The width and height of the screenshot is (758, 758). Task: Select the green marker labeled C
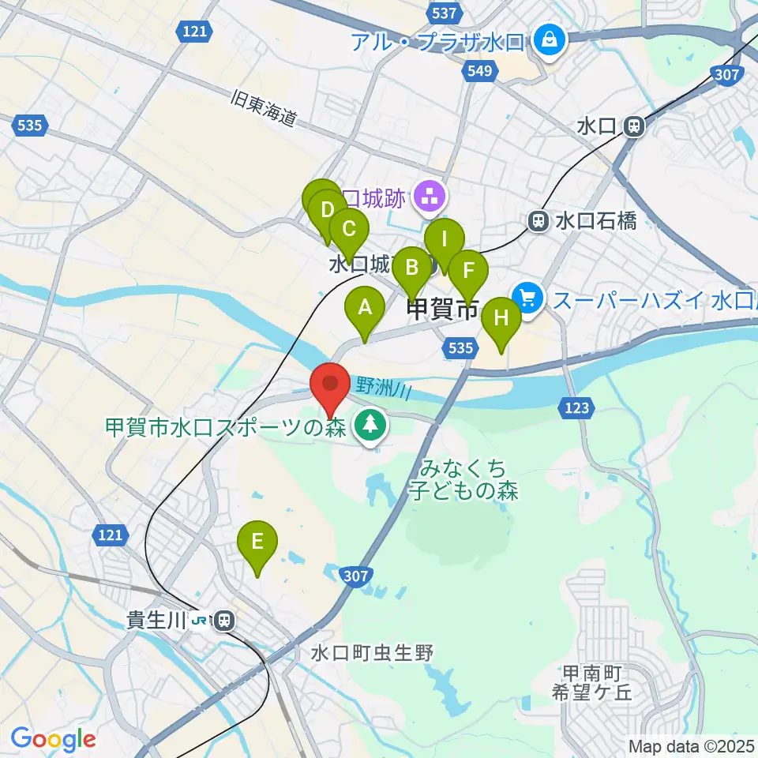(348, 230)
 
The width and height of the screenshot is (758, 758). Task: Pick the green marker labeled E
(257, 542)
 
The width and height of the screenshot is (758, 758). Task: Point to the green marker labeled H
(501, 319)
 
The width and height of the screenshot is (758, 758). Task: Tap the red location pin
(330, 385)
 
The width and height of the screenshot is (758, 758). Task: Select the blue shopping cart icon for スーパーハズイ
(527, 298)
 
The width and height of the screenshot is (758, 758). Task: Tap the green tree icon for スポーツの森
(368, 426)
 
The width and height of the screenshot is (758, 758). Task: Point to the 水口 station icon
(632, 126)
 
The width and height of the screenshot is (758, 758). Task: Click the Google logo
(53, 740)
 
